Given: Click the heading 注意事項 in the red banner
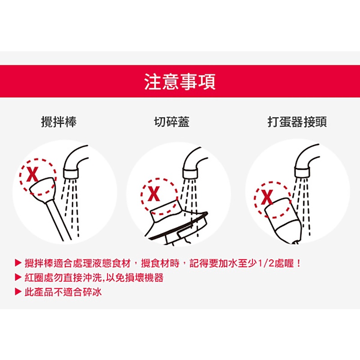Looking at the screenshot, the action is (180, 81).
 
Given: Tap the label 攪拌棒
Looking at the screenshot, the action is (59, 121).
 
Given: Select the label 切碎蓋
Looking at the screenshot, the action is (171, 121).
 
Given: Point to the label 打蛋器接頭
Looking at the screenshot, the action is (297, 121).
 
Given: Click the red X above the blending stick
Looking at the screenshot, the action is (32, 174).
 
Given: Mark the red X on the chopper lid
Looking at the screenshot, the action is (153, 194).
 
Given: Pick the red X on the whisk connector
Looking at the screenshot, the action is (267, 197).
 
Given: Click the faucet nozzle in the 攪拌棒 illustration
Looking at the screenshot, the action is (71, 174).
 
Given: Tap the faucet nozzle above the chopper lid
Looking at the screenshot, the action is (190, 173).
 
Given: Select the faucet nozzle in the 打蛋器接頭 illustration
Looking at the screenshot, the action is (302, 172).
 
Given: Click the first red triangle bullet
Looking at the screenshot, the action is (18, 263).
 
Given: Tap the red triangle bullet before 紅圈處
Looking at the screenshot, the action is (18, 277).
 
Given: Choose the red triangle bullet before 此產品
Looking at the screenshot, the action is (18, 292).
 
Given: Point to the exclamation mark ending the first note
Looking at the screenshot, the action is (298, 263).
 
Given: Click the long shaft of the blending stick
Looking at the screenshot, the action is (58, 221).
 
